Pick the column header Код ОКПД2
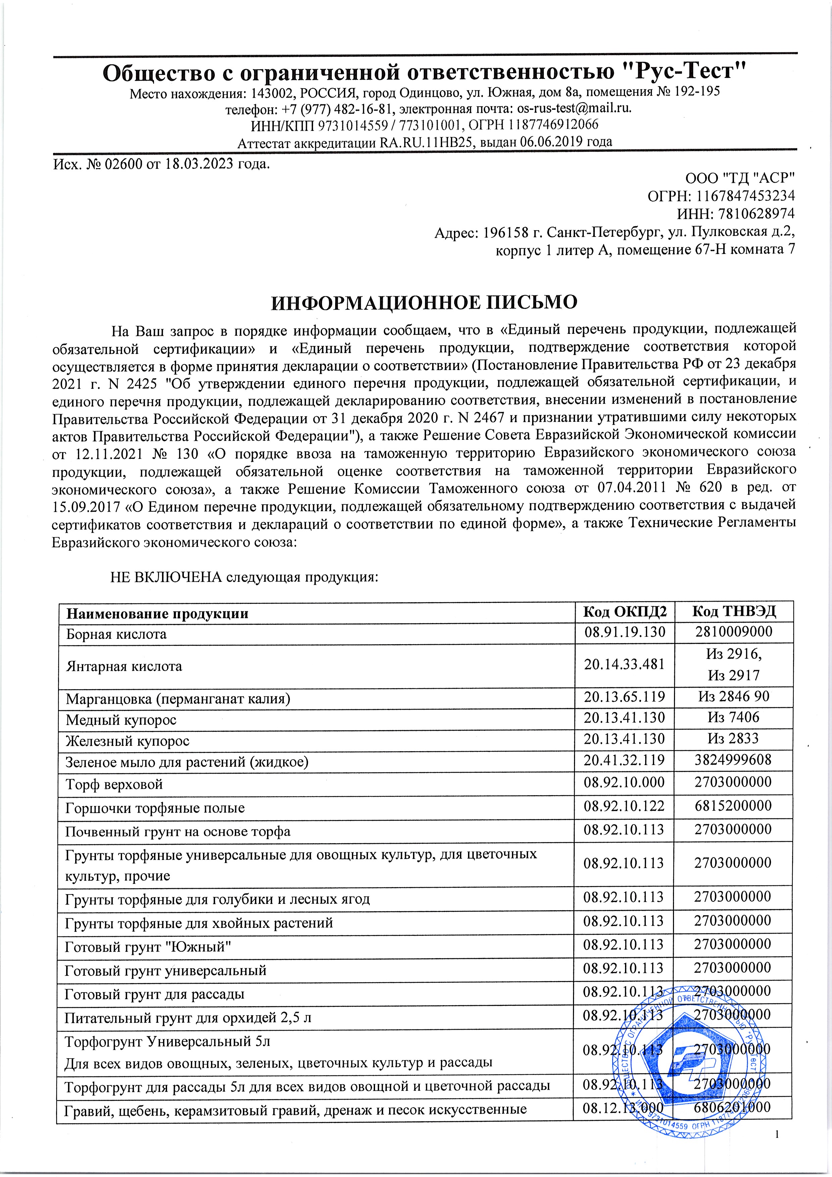click(x=623, y=612)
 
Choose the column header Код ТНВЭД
click(x=734, y=612)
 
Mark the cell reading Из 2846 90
click(x=734, y=696)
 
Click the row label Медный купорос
click(x=121, y=720)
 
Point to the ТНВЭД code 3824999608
click(x=734, y=759)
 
